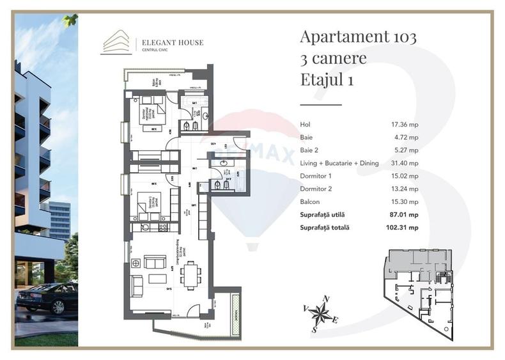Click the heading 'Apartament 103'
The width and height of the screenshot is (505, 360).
pos(358,37)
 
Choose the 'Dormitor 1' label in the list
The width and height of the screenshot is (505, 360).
pos(316,176)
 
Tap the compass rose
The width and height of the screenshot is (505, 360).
pos(322,312)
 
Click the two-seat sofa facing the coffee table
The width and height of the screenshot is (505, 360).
pos(155,262)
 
